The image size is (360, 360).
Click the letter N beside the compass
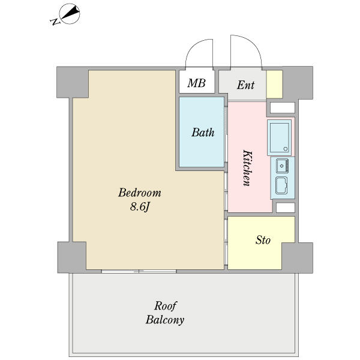pos(55,22)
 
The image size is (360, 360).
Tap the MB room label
pos(196,83)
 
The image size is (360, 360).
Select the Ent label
pos(245,85)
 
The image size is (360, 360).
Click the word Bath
pos(203,133)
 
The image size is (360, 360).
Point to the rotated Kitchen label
pos(247,168)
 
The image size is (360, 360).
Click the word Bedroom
pos(140,193)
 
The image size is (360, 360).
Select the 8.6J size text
pos(140,207)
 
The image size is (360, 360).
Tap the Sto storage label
pos(263,240)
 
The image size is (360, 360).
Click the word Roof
pos(166,306)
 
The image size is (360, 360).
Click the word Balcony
pos(165,320)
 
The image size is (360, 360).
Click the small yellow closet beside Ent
pos(274,84)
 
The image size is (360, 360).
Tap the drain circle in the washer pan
pos(286,149)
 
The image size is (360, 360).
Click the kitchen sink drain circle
pos(282,166)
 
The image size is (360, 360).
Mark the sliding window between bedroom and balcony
pos(139,271)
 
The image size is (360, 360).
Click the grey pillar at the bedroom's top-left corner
pos(73,82)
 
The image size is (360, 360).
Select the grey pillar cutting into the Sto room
pos(298,257)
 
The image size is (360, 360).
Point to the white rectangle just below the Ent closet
pos(283,107)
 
